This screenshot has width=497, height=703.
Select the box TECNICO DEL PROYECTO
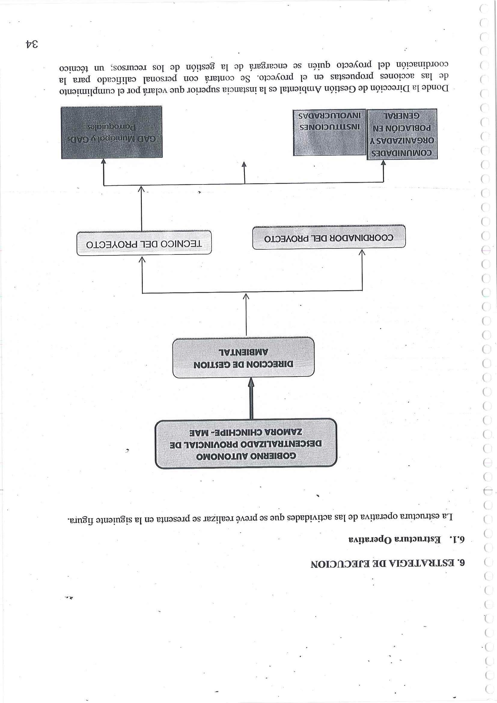144,243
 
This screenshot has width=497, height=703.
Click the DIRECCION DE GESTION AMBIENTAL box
243,358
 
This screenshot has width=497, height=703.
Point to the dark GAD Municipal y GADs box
112,132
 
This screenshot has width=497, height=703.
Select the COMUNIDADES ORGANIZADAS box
402,134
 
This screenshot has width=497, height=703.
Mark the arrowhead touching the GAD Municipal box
103,162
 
